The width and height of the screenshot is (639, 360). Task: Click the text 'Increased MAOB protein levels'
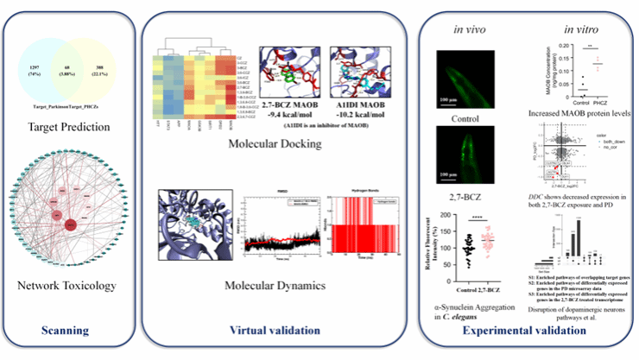576,114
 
